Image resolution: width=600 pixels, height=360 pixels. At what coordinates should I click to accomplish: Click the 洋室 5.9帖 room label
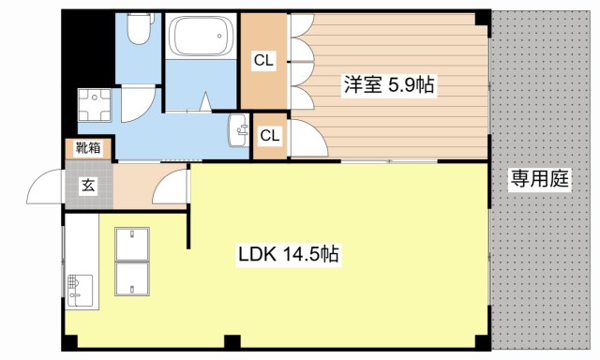point(386,84)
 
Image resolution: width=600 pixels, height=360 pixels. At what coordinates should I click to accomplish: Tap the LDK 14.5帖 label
point(288,253)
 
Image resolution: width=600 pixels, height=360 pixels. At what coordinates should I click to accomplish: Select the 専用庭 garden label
point(540,179)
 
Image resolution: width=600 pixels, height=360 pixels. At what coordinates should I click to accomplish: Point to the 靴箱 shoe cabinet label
point(89,147)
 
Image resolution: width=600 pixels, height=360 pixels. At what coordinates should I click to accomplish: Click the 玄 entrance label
point(87,186)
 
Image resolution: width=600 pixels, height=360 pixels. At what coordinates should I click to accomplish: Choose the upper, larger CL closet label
point(263,61)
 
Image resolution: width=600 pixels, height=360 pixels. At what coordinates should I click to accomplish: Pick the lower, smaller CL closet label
point(269,136)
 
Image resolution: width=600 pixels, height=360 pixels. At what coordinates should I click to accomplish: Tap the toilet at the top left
point(139,31)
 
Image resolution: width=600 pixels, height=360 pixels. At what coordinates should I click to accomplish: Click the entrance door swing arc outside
point(44,190)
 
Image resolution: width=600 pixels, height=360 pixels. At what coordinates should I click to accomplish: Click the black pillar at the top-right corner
point(482,18)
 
